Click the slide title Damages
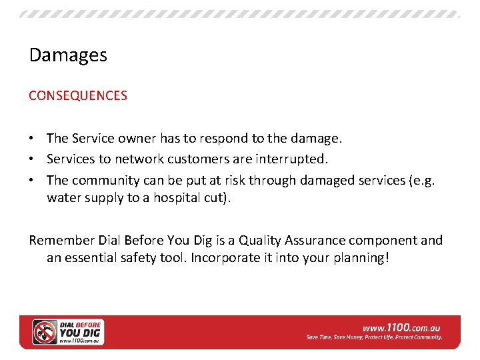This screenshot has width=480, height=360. [x=68, y=55]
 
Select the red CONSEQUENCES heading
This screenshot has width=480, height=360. [x=77, y=95]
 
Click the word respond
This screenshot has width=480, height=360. [x=207, y=139]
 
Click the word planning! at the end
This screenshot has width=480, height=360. [x=357, y=257]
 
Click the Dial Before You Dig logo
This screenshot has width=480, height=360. [x=69, y=331]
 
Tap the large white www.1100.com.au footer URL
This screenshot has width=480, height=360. [x=401, y=327]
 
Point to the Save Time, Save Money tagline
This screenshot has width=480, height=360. [x=374, y=337]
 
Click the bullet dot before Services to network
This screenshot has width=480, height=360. [x=32, y=160]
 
